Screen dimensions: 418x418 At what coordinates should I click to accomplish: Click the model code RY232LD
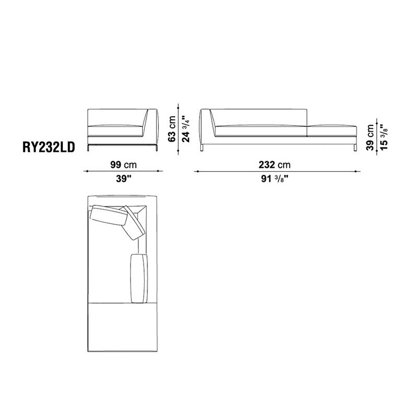[x=49, y=147]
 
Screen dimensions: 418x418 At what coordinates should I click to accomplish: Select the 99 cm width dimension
[x=123, y=165]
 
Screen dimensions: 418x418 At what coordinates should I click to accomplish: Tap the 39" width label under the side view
[x=123, y=179]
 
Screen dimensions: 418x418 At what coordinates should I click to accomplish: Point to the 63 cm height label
[x=172, y=129]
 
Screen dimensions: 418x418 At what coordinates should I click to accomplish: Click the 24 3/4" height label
[x=186, y=129]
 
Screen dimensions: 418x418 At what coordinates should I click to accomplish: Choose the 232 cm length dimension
[x=275, y=165]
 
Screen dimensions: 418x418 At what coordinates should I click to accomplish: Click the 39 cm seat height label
[x=370, y=137]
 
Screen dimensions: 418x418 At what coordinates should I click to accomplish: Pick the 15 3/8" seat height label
[x=384, y=137]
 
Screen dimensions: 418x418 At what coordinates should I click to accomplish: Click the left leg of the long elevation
[x=202, y=148]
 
